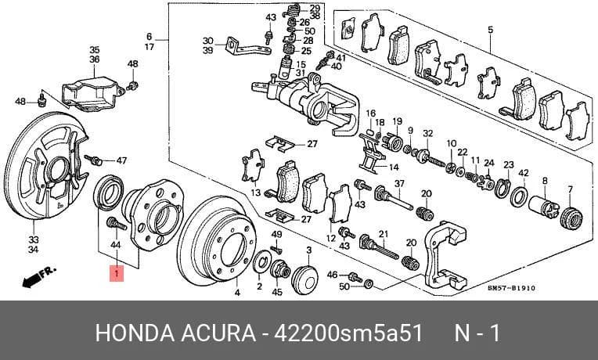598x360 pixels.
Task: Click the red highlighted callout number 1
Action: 117,273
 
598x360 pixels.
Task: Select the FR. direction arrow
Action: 39,276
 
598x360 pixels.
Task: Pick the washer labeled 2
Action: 262,261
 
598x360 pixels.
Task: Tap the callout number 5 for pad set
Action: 490,30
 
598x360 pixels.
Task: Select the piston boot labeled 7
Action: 571,218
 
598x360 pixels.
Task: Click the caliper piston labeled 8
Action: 543,208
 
